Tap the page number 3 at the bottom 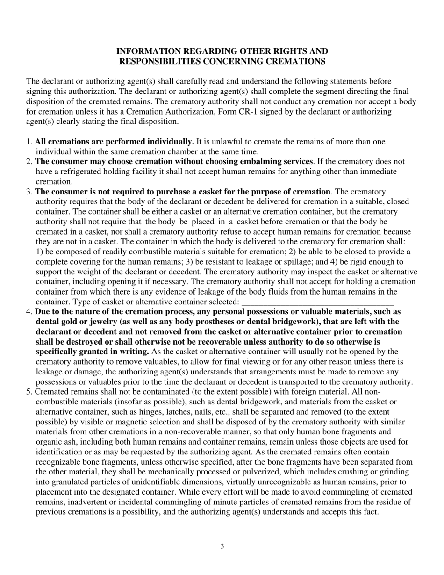[222, 546]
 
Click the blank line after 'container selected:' [318, 302]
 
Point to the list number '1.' [29, 141]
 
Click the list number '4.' [29, 311]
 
